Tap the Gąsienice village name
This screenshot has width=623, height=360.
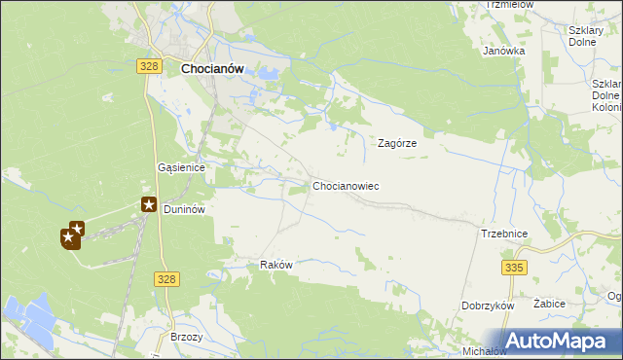[181, 167]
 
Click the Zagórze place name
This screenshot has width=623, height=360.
[397, 142]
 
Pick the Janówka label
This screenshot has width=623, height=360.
[504, 51]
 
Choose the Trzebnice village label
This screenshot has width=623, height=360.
[504, 234]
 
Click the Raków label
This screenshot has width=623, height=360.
[276, 265]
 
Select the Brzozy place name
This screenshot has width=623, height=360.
[186, 337]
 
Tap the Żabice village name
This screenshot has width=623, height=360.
[550, 304]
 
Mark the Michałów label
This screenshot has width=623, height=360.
[484, 350]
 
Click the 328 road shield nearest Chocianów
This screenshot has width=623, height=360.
[148, 64]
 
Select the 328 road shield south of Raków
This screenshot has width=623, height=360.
[165, 279]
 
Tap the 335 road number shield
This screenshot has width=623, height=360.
[514, 267]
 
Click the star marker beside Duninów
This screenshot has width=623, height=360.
[150, 204]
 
